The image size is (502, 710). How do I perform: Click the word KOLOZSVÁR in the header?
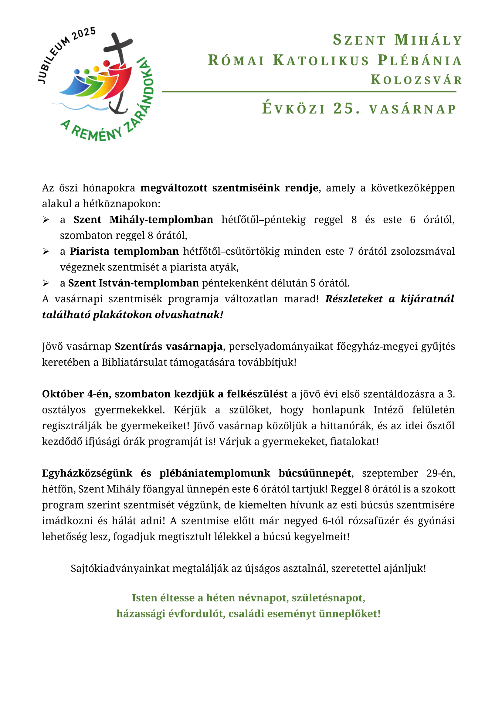click(416, 80)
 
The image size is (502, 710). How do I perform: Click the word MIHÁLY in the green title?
click(429, 40)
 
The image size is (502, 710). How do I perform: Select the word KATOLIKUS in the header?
click(321, 60)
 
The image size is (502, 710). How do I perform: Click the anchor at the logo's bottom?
click(118, 107)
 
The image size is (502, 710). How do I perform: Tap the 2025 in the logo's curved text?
click(83, 34)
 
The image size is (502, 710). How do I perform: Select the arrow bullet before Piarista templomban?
click(46, 252)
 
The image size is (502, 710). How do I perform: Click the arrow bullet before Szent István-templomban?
click(46, 283)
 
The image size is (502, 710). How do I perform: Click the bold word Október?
click(63, 394)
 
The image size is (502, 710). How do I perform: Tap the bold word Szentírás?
click(139, 346)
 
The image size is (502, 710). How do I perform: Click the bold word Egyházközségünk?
click(87, 473)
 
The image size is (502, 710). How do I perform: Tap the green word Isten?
click(144, 598)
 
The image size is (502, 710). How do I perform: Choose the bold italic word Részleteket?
click(354, 299)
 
